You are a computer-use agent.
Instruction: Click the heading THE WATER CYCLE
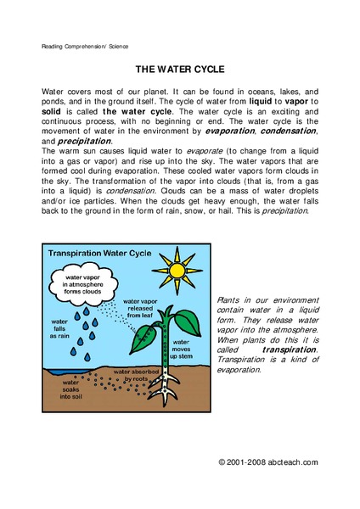coord(179,72)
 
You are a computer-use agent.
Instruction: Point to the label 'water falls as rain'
coord(61,328)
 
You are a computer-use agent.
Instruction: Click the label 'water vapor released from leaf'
coord(145,306)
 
